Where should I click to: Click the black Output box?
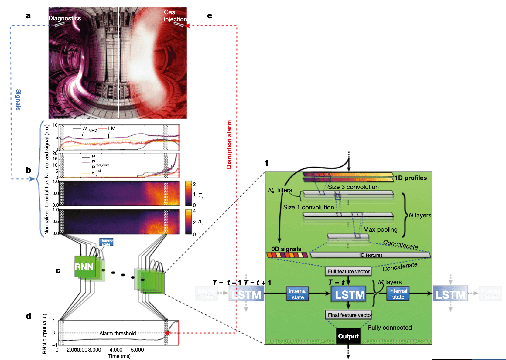[x=348, y=336]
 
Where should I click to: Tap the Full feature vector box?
[x=348, y=271]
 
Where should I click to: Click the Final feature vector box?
[x=349, y=315]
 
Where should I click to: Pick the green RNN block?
[x=85, y=267]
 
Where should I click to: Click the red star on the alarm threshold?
[x=167, y=333]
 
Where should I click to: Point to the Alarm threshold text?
[x=118, y=333]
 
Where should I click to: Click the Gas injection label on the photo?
[x=175, y=16]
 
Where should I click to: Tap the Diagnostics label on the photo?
[x=65, y=18]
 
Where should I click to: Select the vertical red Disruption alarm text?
[x=229, y=144]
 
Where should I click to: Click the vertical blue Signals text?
[x=18, y=100]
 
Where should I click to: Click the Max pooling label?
[x=380, y=229]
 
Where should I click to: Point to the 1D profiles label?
[x=411, y=178]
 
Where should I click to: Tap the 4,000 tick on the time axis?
[x=116, y=350]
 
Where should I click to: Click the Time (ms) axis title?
[x=119, y=356]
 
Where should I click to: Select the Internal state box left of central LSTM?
[x=297, y=294]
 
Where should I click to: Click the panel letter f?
[x=267, y=163]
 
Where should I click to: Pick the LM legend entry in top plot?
[x=111, y=128]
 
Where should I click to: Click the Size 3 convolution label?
[x=353, y=187]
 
